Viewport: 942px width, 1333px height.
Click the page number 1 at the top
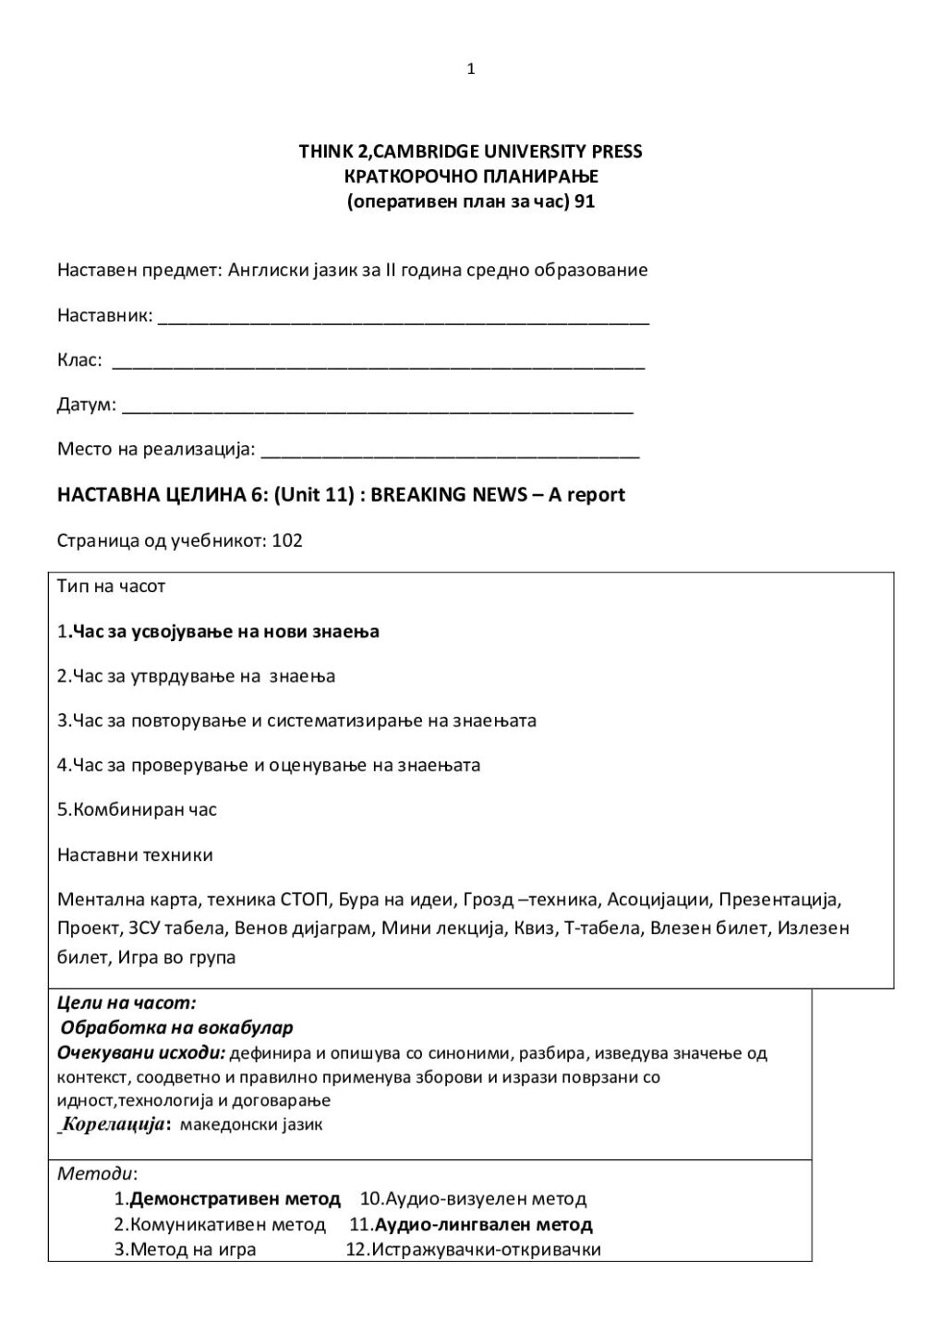(471, 69)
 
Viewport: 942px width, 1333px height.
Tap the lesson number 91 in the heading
(584, 202)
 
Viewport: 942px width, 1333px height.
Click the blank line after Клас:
(378, 364)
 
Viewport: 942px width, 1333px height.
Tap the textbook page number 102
(287, 540)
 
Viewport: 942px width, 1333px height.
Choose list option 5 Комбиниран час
(137, 810)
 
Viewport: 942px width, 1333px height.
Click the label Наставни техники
(135, 855)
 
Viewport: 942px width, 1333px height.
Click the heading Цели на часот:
(127, 1002)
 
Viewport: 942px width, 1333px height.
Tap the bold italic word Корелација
(114, 1125)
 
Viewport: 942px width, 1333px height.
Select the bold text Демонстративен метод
(235, 1200)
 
